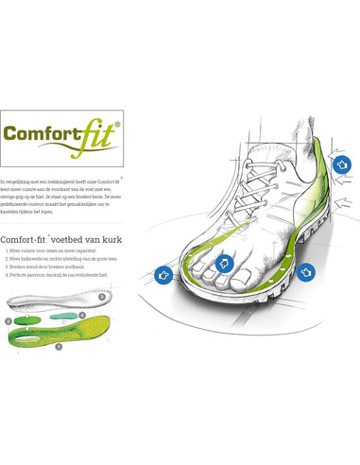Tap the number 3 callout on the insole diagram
tap(102, 296)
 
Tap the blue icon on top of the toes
tap(225, 264)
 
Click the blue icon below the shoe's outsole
tap(306, 271)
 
